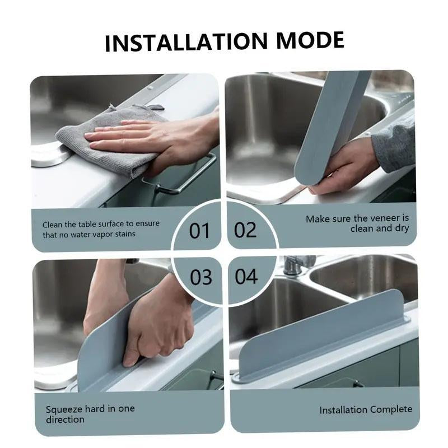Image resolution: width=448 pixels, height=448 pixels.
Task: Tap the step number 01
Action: click(199, 230)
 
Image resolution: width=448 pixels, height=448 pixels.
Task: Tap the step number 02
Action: click(245, 230)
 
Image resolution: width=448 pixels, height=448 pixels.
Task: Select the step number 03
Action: click(200, 276)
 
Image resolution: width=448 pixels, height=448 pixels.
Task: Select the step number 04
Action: click(246, 276)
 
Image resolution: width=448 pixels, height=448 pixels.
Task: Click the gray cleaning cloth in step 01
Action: click(106, 143)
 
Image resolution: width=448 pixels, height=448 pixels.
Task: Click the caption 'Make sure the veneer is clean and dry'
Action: click(357, 223)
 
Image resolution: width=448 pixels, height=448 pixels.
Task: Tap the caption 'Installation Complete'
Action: click(365, 410)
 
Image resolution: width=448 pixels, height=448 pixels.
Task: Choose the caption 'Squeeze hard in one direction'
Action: click(90, 414)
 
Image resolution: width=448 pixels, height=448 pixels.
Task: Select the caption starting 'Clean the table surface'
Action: click(101, 228)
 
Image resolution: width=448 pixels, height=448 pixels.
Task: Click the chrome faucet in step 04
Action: click(297, 264)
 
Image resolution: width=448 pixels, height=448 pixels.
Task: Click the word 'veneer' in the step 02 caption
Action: click(386, 218)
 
